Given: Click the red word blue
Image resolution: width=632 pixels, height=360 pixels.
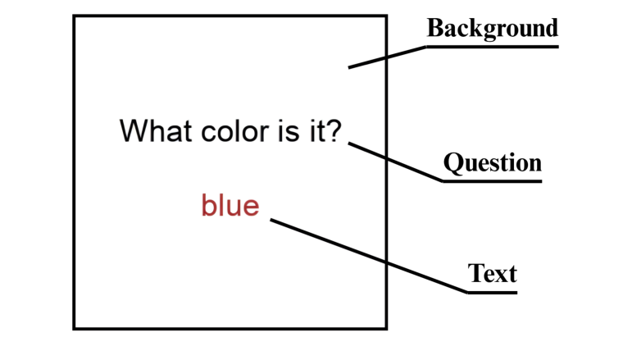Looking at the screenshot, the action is coord(230,205).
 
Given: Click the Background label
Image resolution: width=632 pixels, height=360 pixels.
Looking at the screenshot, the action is coord(492,29).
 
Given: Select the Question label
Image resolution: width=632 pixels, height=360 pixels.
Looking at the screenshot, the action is coord(492,163).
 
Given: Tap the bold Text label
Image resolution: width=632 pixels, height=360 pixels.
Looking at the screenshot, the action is coord(492,273).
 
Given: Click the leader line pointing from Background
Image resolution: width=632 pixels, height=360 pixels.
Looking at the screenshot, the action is coord(387,57).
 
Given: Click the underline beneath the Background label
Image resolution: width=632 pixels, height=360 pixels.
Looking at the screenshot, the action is coord(492,47).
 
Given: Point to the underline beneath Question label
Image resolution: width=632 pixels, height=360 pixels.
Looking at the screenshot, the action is coord(492,180).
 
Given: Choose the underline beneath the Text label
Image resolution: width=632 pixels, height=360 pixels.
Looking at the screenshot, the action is coord(492,291).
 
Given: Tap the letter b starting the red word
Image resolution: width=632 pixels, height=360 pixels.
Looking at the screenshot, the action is coord(207,204).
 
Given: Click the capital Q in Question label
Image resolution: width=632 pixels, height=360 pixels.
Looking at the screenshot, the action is coord(452,163).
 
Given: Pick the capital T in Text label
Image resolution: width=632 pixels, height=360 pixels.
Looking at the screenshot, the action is coord(475,273).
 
